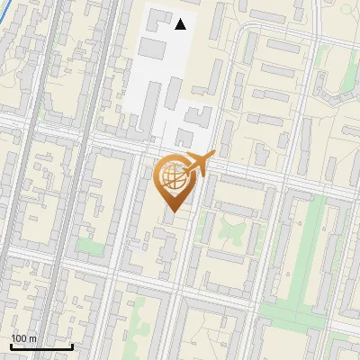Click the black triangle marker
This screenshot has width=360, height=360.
(181, 24)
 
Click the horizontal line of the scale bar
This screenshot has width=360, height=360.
(41, 346)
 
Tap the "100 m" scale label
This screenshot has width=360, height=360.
(23, 338)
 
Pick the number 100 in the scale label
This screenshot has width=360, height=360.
(20, 338)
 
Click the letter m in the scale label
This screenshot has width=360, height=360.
(32, 338)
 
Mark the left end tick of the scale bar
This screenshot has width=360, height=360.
(11, 345)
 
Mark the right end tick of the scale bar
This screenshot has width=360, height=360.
(72, 345)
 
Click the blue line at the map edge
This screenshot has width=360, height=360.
(4, 36)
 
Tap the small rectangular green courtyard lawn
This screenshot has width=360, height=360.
(88, 246)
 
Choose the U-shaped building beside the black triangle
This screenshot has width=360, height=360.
(158, 19)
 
